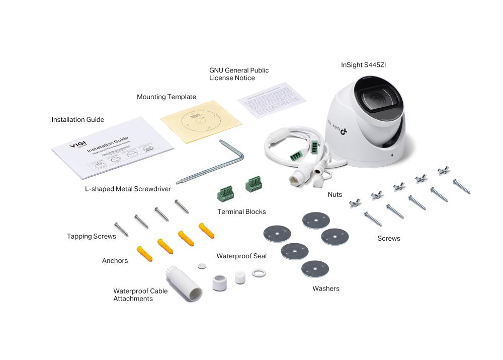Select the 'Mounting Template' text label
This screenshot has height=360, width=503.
(x=166, y=97)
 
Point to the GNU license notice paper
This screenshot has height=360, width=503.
(x=271, y=100)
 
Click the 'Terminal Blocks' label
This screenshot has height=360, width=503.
(x=241, y=211)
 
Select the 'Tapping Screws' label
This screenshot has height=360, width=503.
(x=92, y=236)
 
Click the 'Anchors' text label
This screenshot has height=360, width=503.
(x=115, y=261)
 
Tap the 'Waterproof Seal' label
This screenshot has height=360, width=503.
(x=241, y=256)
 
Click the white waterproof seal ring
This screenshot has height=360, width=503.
(x=258, y=273)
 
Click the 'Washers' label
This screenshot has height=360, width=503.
(x=325, y=289)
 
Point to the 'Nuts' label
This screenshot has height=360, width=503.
(x=334, y=194)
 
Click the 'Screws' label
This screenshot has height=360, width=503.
(x=389, y=238)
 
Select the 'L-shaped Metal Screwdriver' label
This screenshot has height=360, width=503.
(x=128, y=189)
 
